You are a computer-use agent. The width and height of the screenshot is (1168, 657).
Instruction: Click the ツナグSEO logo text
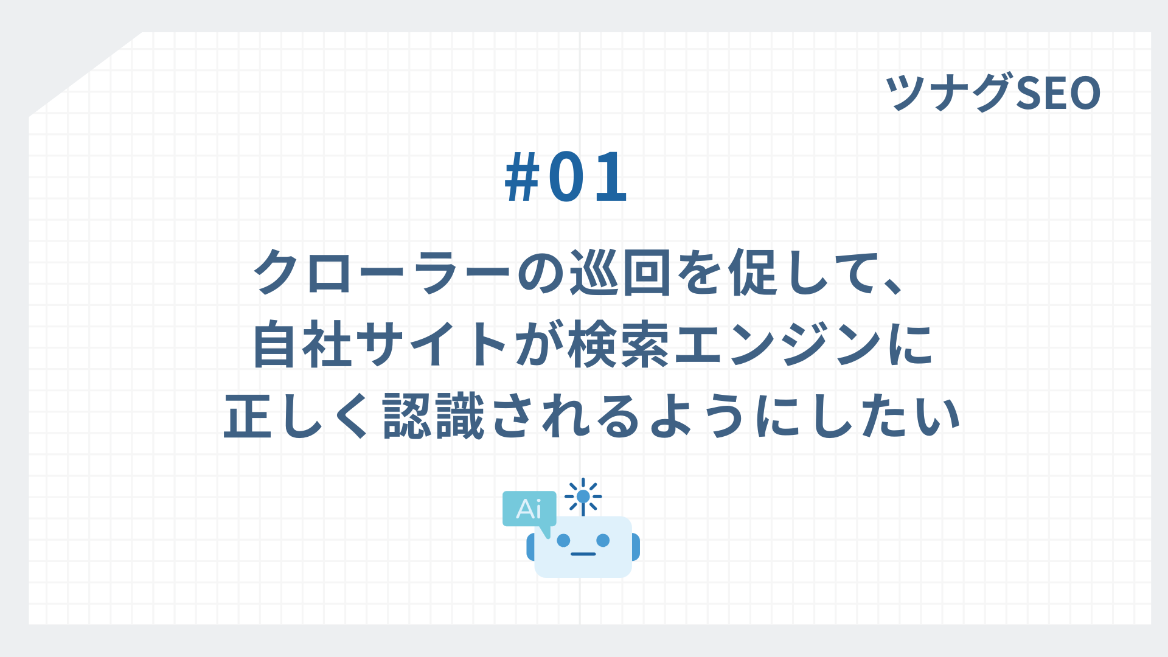coord(993,92)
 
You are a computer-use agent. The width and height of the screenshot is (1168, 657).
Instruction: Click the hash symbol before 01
coord(523,177)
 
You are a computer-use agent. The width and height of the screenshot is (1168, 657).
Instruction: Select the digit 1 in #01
coord(611,177)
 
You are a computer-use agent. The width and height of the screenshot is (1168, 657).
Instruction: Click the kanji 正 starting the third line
coord(247,417)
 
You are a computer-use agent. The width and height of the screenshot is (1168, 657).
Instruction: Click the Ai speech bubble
coord(529,509)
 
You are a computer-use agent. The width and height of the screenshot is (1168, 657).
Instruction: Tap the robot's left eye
coord(564,540)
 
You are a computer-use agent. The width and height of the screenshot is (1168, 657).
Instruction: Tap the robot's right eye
coord(603,540)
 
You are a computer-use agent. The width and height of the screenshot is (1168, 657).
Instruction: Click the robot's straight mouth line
coord(583,554)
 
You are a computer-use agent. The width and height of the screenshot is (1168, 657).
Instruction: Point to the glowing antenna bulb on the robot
coord(583,496)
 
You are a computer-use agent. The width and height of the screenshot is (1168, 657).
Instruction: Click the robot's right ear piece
coord(636,546)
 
